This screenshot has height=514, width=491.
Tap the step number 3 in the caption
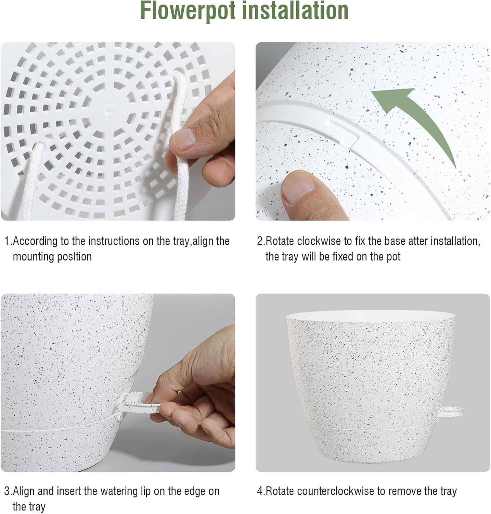pos(7,491)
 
